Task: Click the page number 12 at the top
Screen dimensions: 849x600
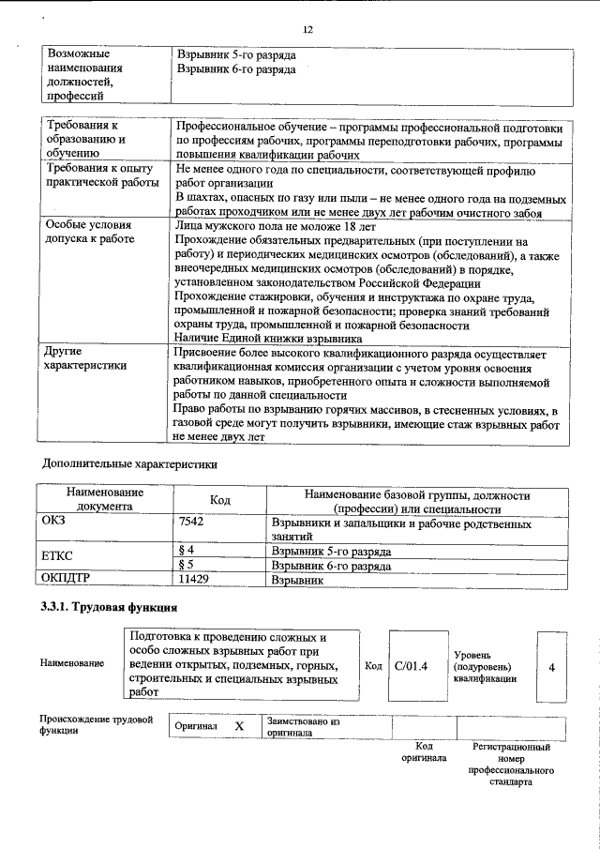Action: (x=307, y=30)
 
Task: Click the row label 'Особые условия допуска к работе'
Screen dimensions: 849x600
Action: (x=90, y=233)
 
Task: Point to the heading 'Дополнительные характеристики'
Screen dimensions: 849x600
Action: (x=130, y=463)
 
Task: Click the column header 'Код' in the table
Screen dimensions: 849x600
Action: (x=219, y=501)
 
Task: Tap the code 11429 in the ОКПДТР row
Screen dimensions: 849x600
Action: (x=193, y=581)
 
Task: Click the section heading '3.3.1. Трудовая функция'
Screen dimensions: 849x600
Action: (x=109, y=608)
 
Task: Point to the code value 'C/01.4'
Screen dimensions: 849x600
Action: (x=411, y=666)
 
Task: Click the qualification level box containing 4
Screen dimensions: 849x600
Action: (x=551, y=666)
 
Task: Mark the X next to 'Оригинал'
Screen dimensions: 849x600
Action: (x=238, y=727)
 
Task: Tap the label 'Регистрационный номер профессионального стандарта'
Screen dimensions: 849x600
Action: (x=511, y=764)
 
